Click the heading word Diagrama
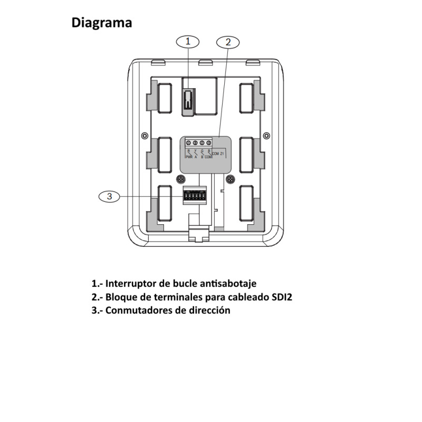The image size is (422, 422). (102, 23)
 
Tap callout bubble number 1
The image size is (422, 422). (188, 41)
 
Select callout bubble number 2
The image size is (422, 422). (228, 41)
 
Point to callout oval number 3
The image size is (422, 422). (110, 196)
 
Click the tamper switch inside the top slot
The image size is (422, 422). (188, 100)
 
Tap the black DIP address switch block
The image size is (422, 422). (193, 196)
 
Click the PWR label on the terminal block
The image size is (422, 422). (189, 157)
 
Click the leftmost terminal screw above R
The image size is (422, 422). (189, 143)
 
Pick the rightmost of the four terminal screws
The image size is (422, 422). (209, 143)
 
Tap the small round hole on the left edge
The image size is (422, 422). (143, 135)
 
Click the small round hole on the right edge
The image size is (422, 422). (266, 135)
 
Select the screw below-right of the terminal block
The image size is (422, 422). (231, 179)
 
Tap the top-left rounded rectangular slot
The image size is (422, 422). (164, 98)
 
